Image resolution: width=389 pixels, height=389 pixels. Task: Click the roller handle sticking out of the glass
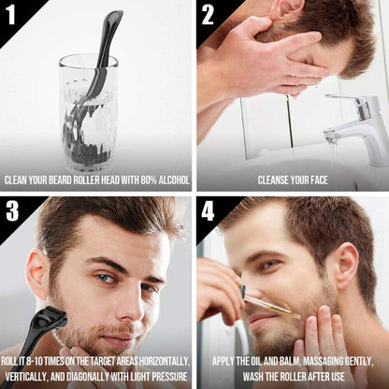coord(108,42)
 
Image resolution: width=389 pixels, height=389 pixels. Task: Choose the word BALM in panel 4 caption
coord(313,360)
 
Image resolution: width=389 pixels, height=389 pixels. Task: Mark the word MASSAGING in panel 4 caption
coord(350,360)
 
